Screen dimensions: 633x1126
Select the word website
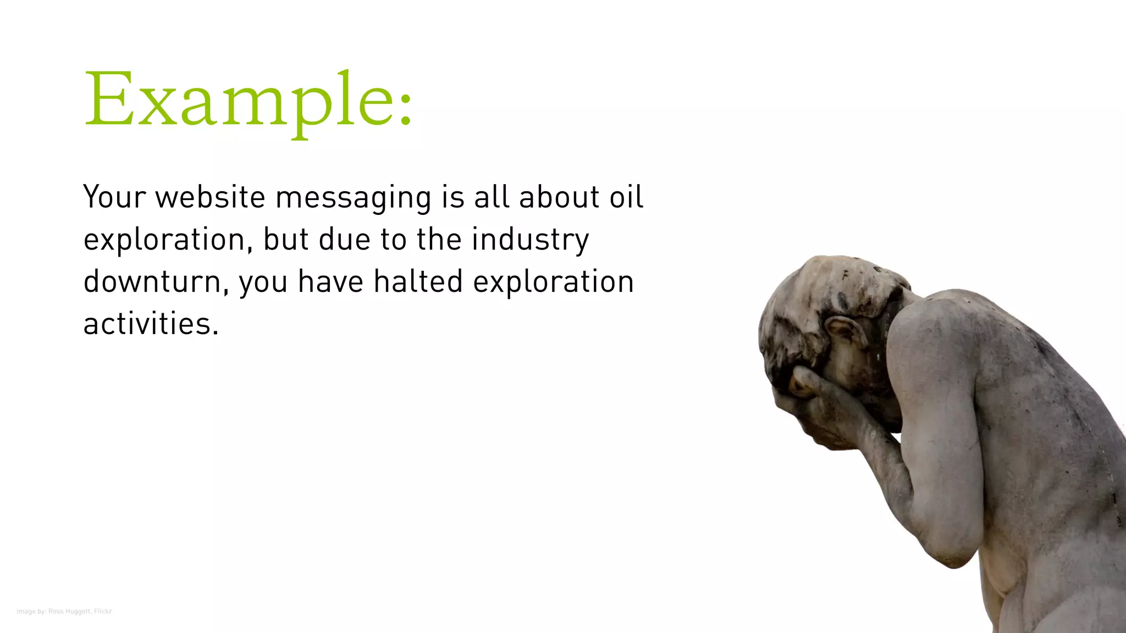(x=211, y=197)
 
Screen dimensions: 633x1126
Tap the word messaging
(x=354, y=198)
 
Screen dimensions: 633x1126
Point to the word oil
(x=626, y=197)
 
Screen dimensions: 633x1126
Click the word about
(x=559, y=197)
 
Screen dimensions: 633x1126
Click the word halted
(x=418, y=281)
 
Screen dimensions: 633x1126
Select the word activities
(x=151, y=324)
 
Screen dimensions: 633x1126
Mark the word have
(x=330, y=281)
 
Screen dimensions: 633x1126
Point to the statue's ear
(x=844, y=332)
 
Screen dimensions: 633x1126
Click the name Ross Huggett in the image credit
(x=69, y=612)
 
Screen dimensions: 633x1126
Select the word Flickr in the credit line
(x=103, y=612)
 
